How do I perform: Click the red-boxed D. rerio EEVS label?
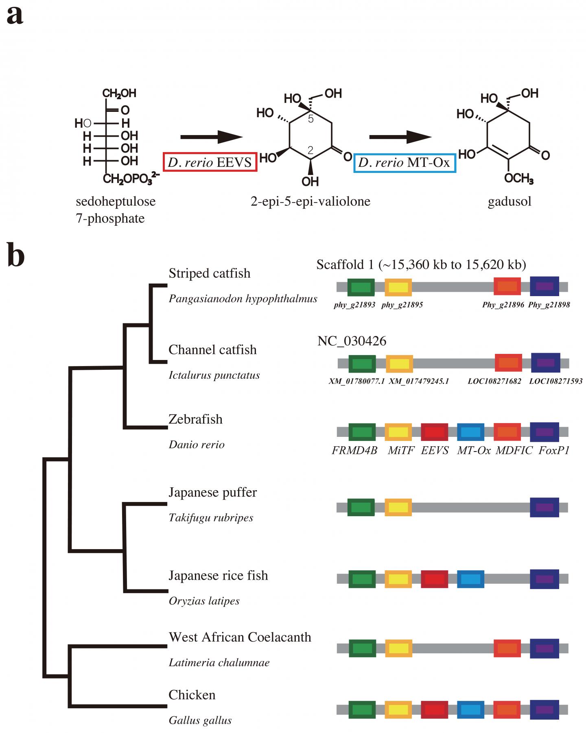[x=210, y=162]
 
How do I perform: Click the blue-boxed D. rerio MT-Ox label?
[x=405, y=163]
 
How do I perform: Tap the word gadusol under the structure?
[x=509, y=201]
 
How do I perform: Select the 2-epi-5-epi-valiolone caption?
[x=310, y=201]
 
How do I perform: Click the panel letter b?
[x=16, y=257]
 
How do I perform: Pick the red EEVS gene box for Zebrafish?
[x=434, y=432]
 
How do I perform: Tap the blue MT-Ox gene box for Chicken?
[x=470, y=709]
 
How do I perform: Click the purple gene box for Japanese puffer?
[x=544, y=507]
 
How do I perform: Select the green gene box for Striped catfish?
[x=361, y=287]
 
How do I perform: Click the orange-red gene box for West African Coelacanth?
[x=507, y=648]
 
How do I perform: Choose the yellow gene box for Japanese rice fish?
[x=398, y=579]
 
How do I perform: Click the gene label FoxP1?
[x=554, y=450]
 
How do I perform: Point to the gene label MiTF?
[x=400, y=450]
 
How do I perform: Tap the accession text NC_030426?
[x=352, y=341]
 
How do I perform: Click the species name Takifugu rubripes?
[x=211, y=517]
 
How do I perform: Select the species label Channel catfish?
[x=212, y=349]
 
